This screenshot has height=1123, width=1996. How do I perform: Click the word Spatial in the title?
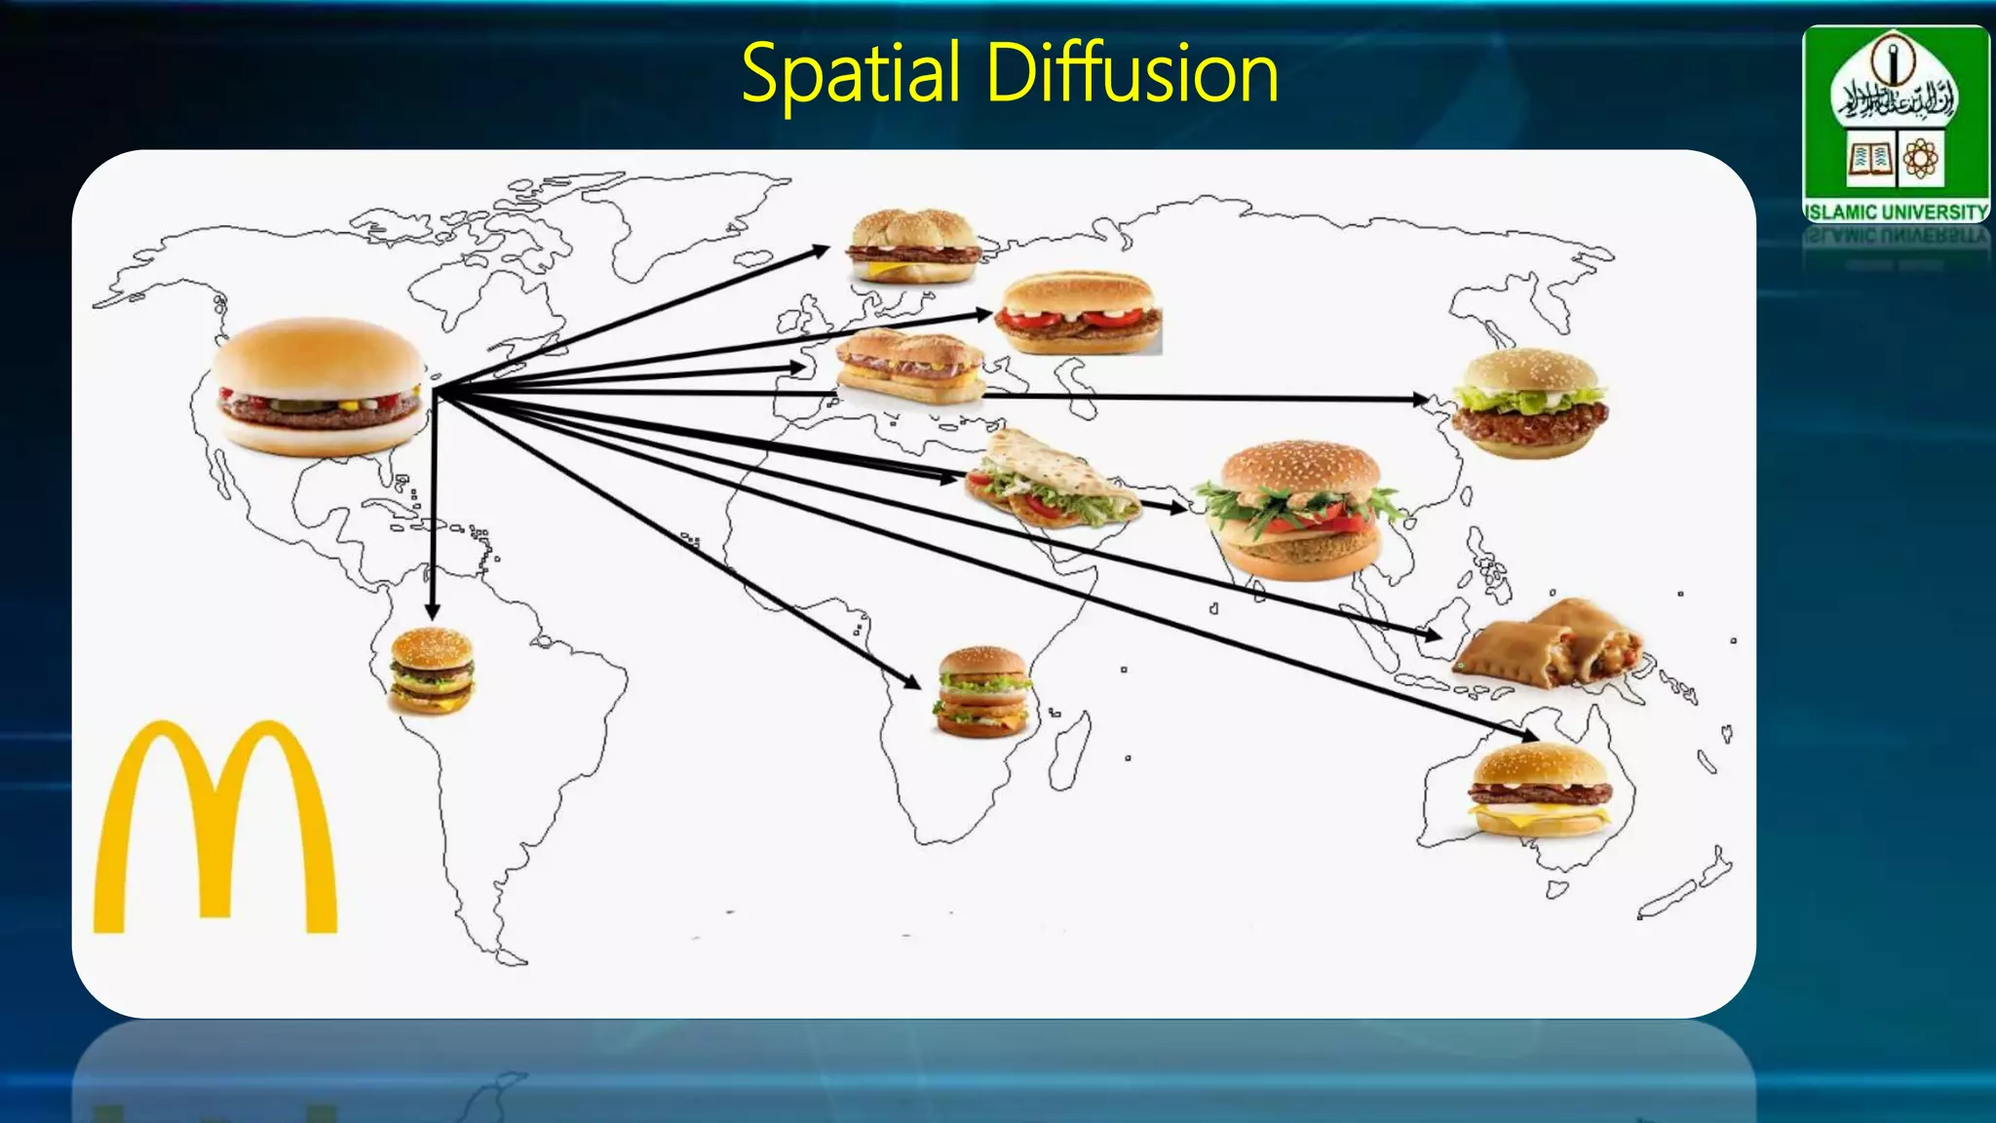tap(851, 74)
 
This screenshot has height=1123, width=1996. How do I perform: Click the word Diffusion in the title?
tap(1132, 74)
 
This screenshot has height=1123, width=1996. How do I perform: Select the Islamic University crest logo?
tap(1896, 112)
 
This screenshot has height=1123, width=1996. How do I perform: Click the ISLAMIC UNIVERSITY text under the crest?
tap(1896, 212)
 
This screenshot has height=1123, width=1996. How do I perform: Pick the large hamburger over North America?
tap(320, 386)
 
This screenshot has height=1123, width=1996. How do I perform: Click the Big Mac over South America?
tap(432, 671)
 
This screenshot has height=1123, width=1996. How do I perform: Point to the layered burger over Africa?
tap(983, 691)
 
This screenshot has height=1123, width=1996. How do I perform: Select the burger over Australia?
tap(1539, 789)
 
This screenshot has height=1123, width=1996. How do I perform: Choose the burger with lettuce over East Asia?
tap(1529, 403)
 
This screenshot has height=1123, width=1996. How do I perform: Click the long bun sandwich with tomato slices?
tap(1079, 312)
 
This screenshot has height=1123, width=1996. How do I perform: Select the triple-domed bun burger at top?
tap(912, 246)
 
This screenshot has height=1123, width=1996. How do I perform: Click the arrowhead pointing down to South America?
tap(433, 610)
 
